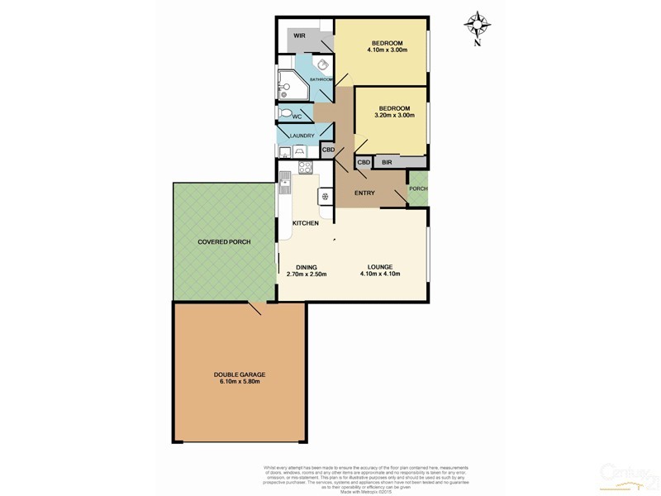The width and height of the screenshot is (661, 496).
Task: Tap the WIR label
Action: pos(298,36)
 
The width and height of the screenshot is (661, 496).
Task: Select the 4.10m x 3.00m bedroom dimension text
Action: pos(387,50)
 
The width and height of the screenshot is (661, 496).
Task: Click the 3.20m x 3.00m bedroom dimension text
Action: pos(394,115)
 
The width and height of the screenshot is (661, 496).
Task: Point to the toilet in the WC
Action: pos(285,114)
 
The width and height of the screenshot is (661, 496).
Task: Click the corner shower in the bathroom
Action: pos(288,82)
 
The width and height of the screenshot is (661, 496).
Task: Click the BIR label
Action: pos(387,163)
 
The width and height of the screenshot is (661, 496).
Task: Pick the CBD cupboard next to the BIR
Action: pos(364,163)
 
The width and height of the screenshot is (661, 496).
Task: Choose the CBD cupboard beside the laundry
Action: pos(328,150)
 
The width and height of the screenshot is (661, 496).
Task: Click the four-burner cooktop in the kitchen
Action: pos(303,169)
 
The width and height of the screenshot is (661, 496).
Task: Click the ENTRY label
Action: pos(364,193)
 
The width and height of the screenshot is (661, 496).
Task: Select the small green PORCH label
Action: pos(418,188)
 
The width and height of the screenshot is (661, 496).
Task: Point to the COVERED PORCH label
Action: pos(224,241)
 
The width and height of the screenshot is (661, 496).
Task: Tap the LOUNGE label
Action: pos(380,266)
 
